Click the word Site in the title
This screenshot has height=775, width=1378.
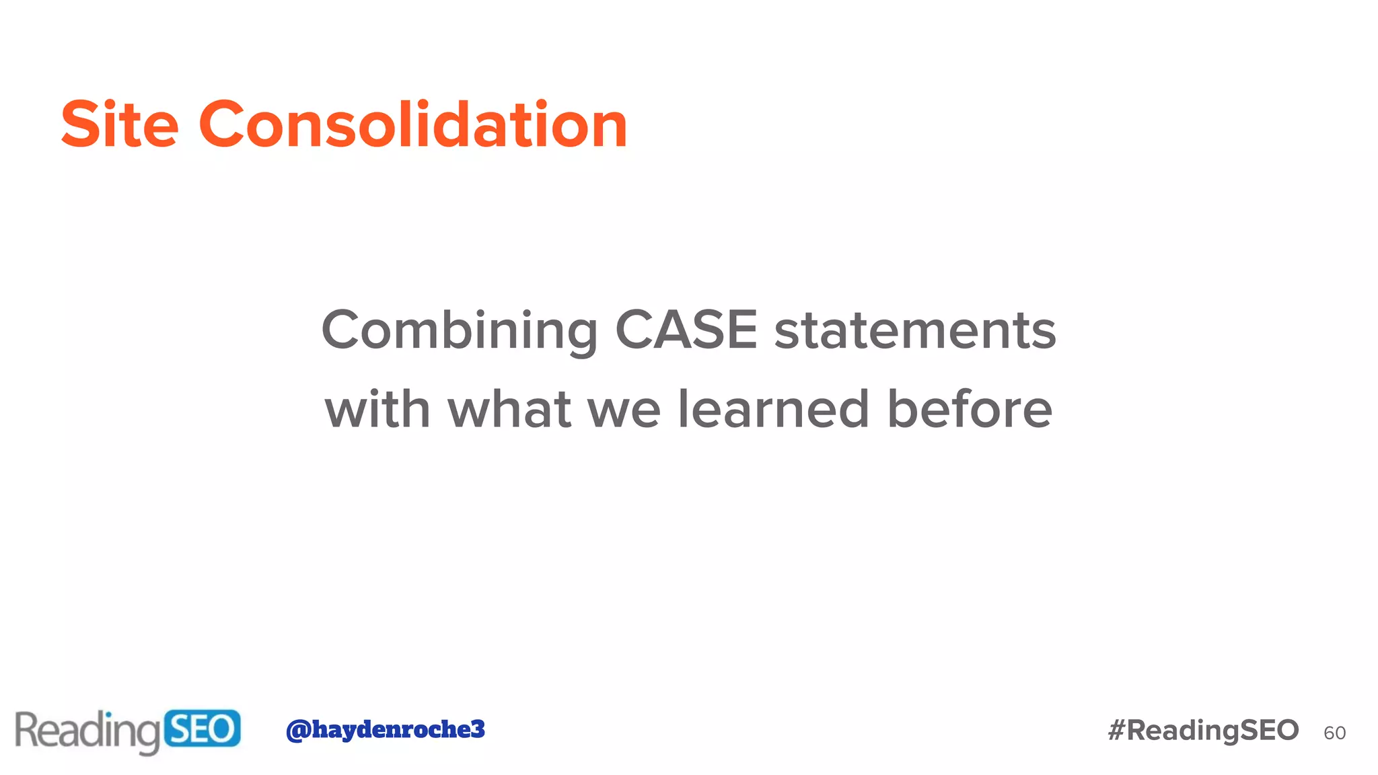pyautogui.click(x=120, y=124)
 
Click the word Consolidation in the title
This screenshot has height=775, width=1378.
pyautogui.click(x=413, y=124)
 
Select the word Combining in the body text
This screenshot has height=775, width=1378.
pyautogui.click(x=460, y=331)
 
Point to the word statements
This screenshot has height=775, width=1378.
pyautogui.click(x=915, y=331)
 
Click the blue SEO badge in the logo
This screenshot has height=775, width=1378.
pyautogui.click(x=202, y=729)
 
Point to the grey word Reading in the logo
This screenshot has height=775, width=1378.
pyautogui.click(x=87, y=731)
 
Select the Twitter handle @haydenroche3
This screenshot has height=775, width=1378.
pyautogui.click(x=385, y=729)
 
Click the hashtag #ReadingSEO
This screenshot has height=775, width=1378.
pyautogui.click(x=1203, y=730)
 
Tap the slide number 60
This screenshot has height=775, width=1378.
pyautogui.click(x=1334, y=733)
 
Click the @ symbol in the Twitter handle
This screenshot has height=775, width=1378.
pyautogui.click(x=298, y=730)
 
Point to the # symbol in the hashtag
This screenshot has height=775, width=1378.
pyautogui.click(x=1117, y=730)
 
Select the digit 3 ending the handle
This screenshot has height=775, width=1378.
pyautogui.click(x=477, y=729)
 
